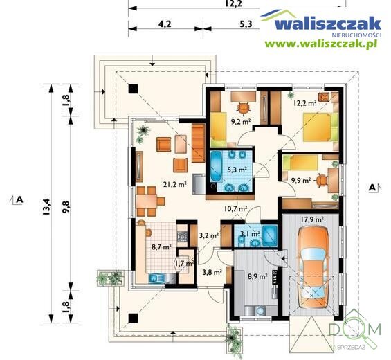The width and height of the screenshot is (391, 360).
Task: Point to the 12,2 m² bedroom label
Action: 305,103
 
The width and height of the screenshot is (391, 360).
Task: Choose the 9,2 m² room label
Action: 239,122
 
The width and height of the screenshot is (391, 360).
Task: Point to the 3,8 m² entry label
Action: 212,272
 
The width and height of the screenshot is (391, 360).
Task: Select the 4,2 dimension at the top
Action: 165,24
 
